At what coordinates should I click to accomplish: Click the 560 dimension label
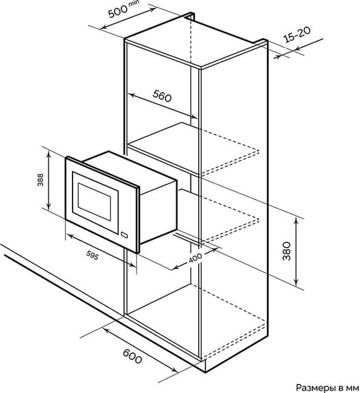162,96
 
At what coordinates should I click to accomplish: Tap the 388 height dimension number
40,180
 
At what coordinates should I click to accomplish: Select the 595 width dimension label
92,255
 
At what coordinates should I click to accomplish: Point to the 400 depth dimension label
195,258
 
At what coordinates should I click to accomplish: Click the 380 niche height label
287,251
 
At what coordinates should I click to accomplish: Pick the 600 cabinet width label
132,356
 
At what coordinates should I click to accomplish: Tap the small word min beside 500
133,4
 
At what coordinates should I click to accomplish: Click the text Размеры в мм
327,388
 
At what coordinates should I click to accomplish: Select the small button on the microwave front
124,235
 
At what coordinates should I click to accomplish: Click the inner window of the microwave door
94,202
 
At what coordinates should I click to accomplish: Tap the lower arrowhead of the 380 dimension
297,282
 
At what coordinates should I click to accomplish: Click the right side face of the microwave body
158,211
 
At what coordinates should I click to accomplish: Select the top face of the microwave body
130,170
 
